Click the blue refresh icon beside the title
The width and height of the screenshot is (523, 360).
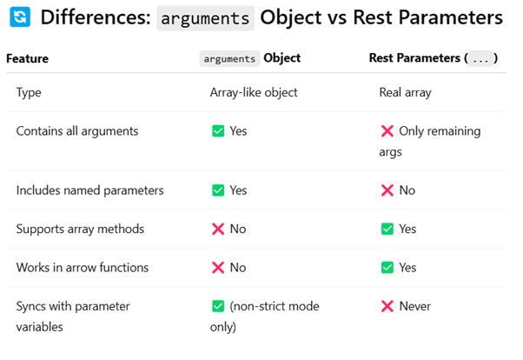click(x=20, y=17)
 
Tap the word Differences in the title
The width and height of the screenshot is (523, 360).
click(x=96, y=17)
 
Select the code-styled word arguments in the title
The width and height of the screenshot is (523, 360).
click(x=205, y=18)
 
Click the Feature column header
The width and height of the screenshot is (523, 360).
click(x=27, y=59)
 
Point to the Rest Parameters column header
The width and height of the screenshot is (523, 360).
click(x=434, y=58)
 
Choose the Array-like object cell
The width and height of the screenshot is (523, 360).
click(x=254, y=92)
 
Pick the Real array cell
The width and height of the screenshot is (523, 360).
click(x=405, y=92)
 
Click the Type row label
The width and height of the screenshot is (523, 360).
click(x=29, y=92)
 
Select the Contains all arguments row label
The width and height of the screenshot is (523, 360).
click(x=77, y=131)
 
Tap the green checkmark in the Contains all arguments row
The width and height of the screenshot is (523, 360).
click(x=218, y=131)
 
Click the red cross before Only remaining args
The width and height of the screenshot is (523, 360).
click(x=387, y=131)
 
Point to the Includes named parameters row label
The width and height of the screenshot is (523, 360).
click(x=90, y=190)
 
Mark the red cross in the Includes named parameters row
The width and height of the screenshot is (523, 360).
click(x=387, y=190)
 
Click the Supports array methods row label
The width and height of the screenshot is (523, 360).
click(x=80, y=229)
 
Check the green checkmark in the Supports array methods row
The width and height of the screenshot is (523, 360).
click(x=387, y=229)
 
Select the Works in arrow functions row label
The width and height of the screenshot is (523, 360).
click(x=83, y=268)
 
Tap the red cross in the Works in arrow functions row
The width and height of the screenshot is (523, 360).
click(x=218, y=268)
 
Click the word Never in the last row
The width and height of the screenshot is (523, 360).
click(x=415, y=306)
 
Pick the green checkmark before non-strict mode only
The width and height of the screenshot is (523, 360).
click(x=218, y=306)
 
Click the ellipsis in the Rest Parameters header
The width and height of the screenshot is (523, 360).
click(x=480, y=59)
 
